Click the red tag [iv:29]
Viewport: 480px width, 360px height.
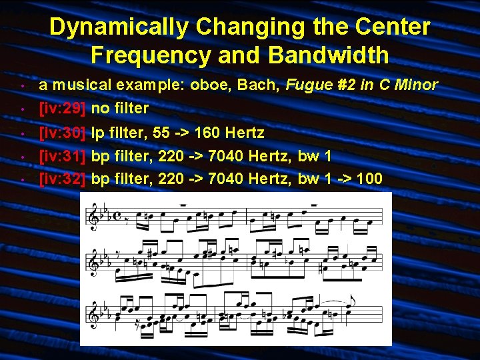point(62,107)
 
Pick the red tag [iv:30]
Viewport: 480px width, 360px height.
point(62,133)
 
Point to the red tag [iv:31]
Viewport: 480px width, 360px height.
point(62,156)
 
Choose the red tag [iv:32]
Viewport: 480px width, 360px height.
point(62,179)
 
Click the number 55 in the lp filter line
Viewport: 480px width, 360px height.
point(161,133)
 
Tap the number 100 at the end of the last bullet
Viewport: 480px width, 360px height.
point(369,179)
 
